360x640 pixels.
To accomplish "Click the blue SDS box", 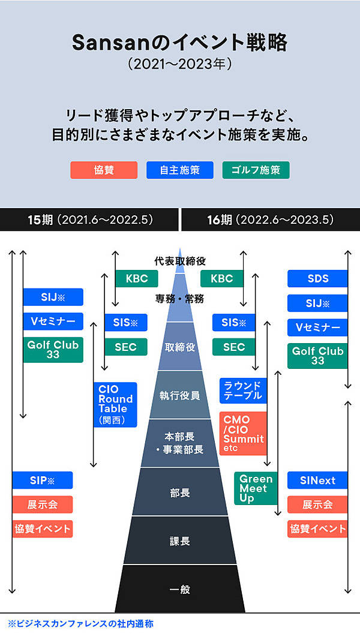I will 317,278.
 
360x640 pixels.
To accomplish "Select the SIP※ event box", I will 42,480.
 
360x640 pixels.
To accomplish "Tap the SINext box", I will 317,480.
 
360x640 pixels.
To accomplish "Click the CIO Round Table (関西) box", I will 115,404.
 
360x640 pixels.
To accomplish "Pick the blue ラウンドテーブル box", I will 242,390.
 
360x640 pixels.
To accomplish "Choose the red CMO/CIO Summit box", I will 242,433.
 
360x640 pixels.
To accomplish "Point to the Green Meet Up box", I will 256,488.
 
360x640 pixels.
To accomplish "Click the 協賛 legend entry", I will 104,170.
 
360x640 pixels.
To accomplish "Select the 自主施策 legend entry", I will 180,170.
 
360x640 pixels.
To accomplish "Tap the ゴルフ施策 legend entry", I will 256,170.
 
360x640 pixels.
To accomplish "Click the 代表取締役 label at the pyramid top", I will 180,261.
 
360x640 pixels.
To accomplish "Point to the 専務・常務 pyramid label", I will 180,298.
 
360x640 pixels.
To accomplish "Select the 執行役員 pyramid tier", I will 180,395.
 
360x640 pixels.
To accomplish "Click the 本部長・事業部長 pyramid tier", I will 180,443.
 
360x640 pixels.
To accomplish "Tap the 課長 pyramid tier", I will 180,541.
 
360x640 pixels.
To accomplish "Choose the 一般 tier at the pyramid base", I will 180,589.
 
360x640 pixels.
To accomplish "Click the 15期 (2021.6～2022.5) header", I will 89,220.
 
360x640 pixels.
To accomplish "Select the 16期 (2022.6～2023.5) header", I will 270,220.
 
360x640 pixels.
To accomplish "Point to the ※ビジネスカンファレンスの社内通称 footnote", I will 80,624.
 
